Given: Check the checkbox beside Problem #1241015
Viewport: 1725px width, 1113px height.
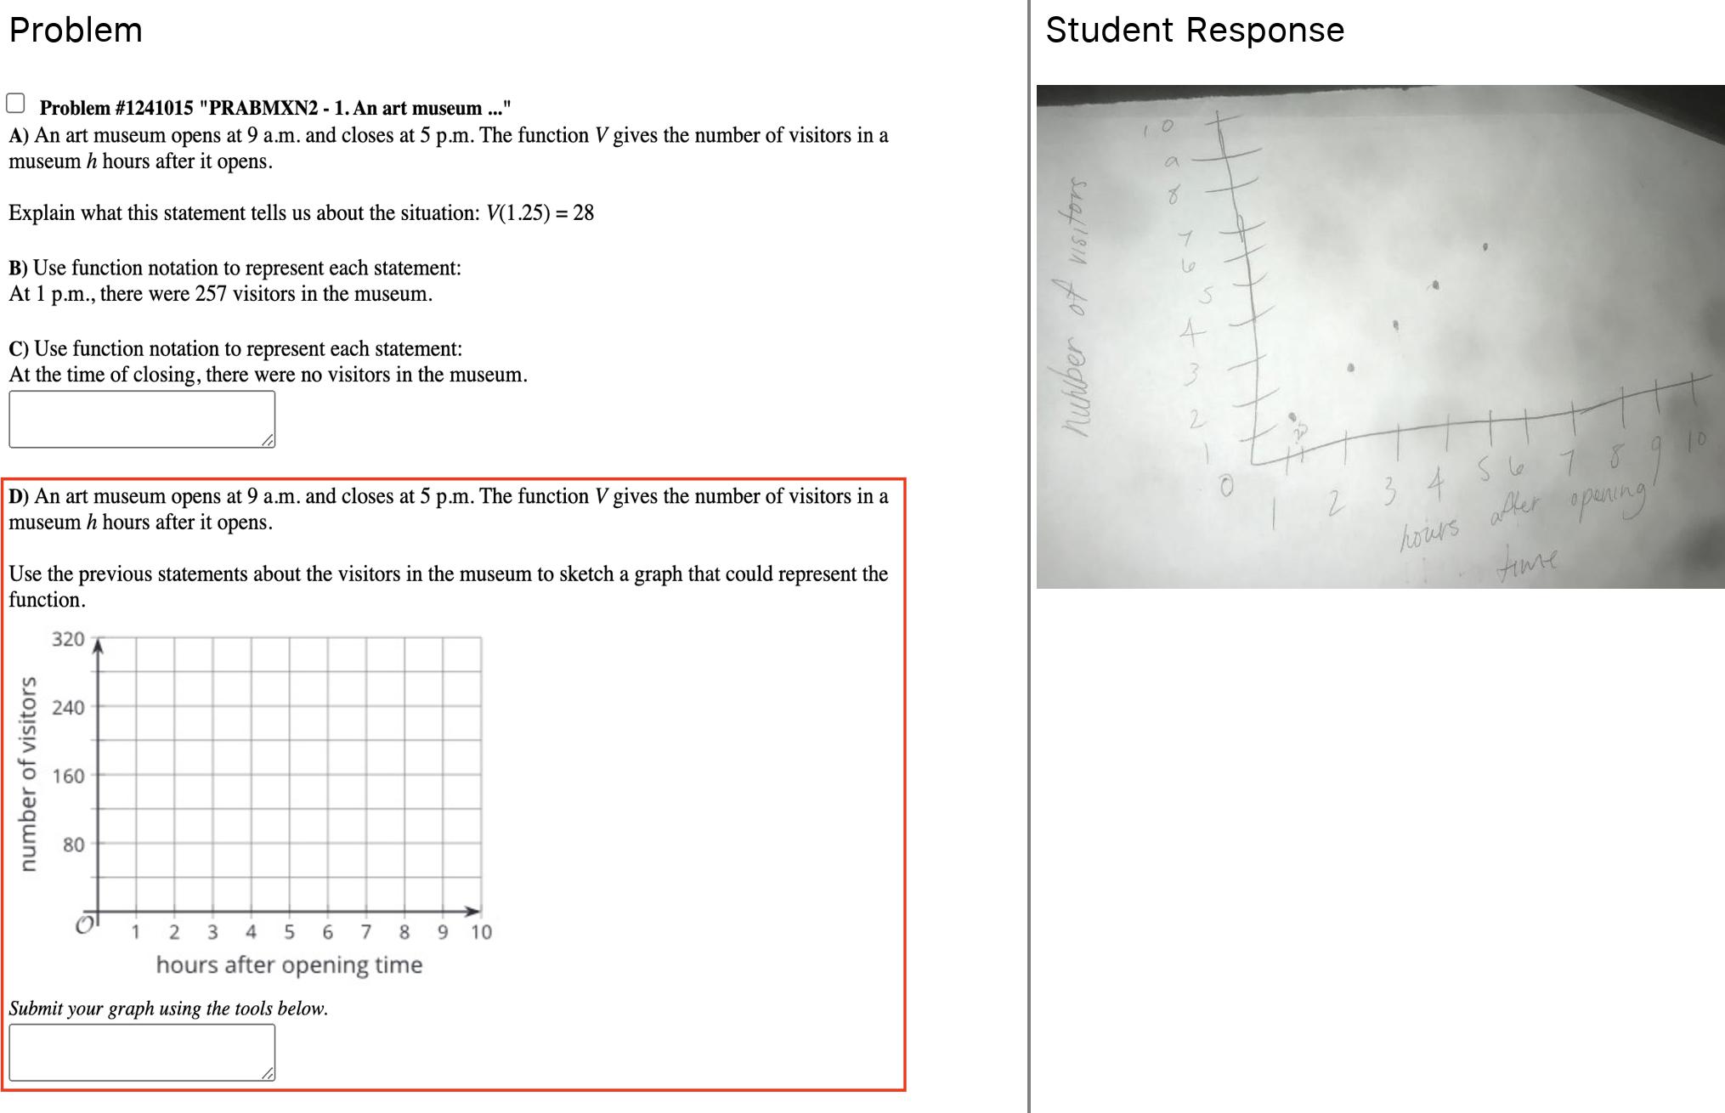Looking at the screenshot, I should coord(15,104).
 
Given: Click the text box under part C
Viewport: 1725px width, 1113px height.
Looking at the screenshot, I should coord(142,419).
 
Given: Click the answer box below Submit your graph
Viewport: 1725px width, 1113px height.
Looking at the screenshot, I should coord(142,1052).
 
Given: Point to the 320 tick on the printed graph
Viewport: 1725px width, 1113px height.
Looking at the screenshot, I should coord(68,639).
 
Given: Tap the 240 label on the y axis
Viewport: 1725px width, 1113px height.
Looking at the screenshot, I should coord(68,708).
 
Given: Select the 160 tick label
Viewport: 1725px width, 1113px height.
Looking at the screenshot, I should coord(68,776).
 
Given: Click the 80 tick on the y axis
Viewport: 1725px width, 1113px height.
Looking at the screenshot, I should coord(73,845).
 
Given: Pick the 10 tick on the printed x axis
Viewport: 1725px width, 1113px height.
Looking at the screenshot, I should coord(481,932).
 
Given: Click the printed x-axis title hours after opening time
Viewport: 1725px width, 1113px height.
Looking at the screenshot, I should coord(289,965).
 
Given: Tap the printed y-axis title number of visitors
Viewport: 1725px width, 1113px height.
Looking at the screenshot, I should coord(29,773).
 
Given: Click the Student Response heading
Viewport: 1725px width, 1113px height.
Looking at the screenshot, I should coord(1194,31).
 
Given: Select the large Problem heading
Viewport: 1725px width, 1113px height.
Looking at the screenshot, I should coord(76,31).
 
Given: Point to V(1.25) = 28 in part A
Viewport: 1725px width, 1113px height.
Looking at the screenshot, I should coord(540,212).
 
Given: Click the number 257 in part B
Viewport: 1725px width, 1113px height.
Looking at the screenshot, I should coord(211,294).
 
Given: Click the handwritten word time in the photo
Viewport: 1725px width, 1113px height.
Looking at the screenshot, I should coord(1528,561).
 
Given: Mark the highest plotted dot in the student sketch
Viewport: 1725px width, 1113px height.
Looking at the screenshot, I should coord(1485,247).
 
